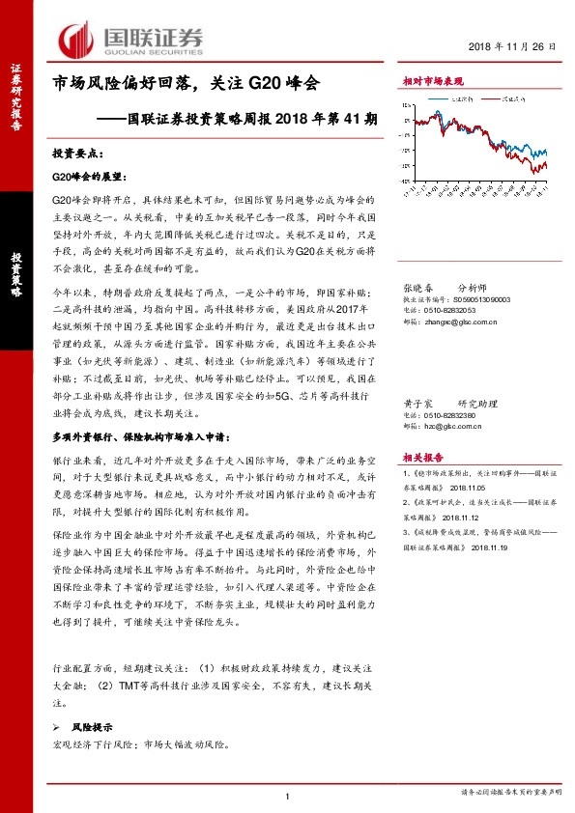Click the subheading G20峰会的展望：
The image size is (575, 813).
[88, 178]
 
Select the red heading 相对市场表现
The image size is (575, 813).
[432, 83]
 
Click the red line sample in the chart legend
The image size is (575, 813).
[492, 98]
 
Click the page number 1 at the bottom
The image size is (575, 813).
[288, 794]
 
